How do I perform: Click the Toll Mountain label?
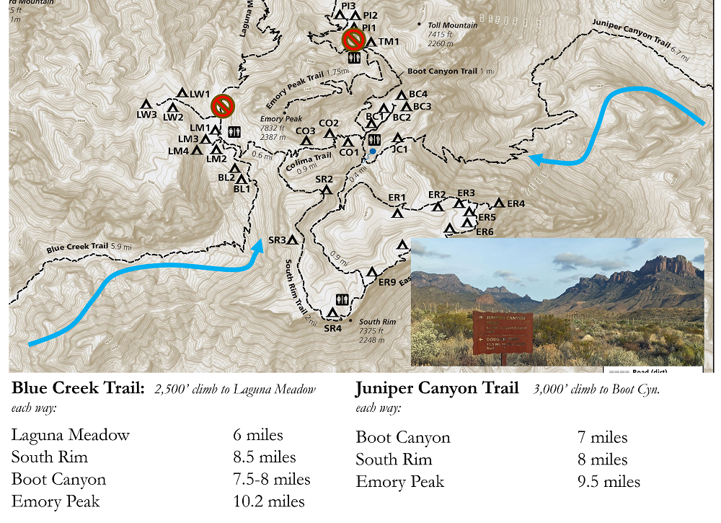[452, 25]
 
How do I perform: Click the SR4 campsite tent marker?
[332, 313]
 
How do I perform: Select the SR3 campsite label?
[277, 239]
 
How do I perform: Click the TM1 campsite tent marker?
[371, 43]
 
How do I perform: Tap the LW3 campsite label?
[146, 115]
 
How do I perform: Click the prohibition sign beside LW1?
[222, 106]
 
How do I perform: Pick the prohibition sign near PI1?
[353, 38]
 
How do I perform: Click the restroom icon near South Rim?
[343, 299]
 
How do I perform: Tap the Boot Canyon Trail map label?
[446, 71]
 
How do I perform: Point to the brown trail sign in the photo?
[503, 332]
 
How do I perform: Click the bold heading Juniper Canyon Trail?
[436, 389]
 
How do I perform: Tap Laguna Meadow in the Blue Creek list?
[71, 435]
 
